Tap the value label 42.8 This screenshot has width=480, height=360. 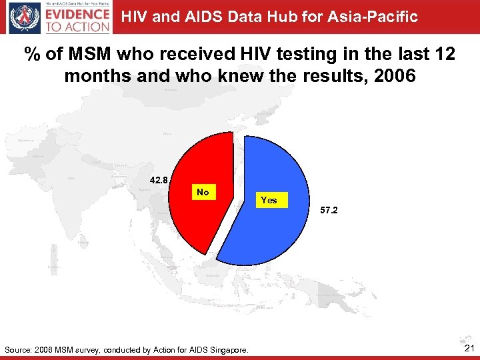pyautogui.click(x=159, y=179)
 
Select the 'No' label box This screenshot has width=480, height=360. pyautogui.click(x=203, y=192)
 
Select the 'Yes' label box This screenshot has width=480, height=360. pyautogui.click(x=269, y=200)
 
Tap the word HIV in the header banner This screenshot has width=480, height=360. pyautogui.click(x=134, y=17)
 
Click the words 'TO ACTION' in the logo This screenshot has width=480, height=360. pyautogui.click(x=77, y=27)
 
